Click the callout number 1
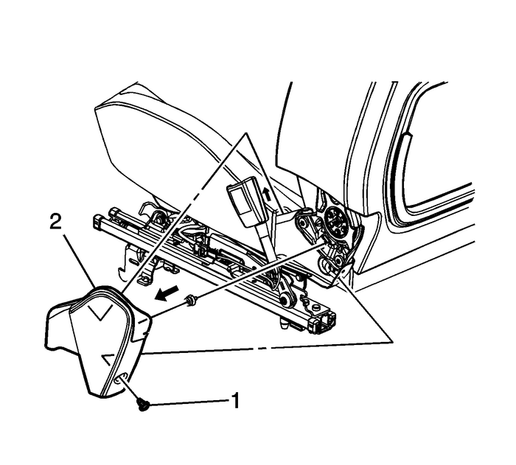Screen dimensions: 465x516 (x=235, y=402)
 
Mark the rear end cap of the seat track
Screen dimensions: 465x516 (x=321, y=322)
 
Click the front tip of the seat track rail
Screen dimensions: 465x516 (x=97, y=220)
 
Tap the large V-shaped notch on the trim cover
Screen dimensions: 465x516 (x=97, y=312)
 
